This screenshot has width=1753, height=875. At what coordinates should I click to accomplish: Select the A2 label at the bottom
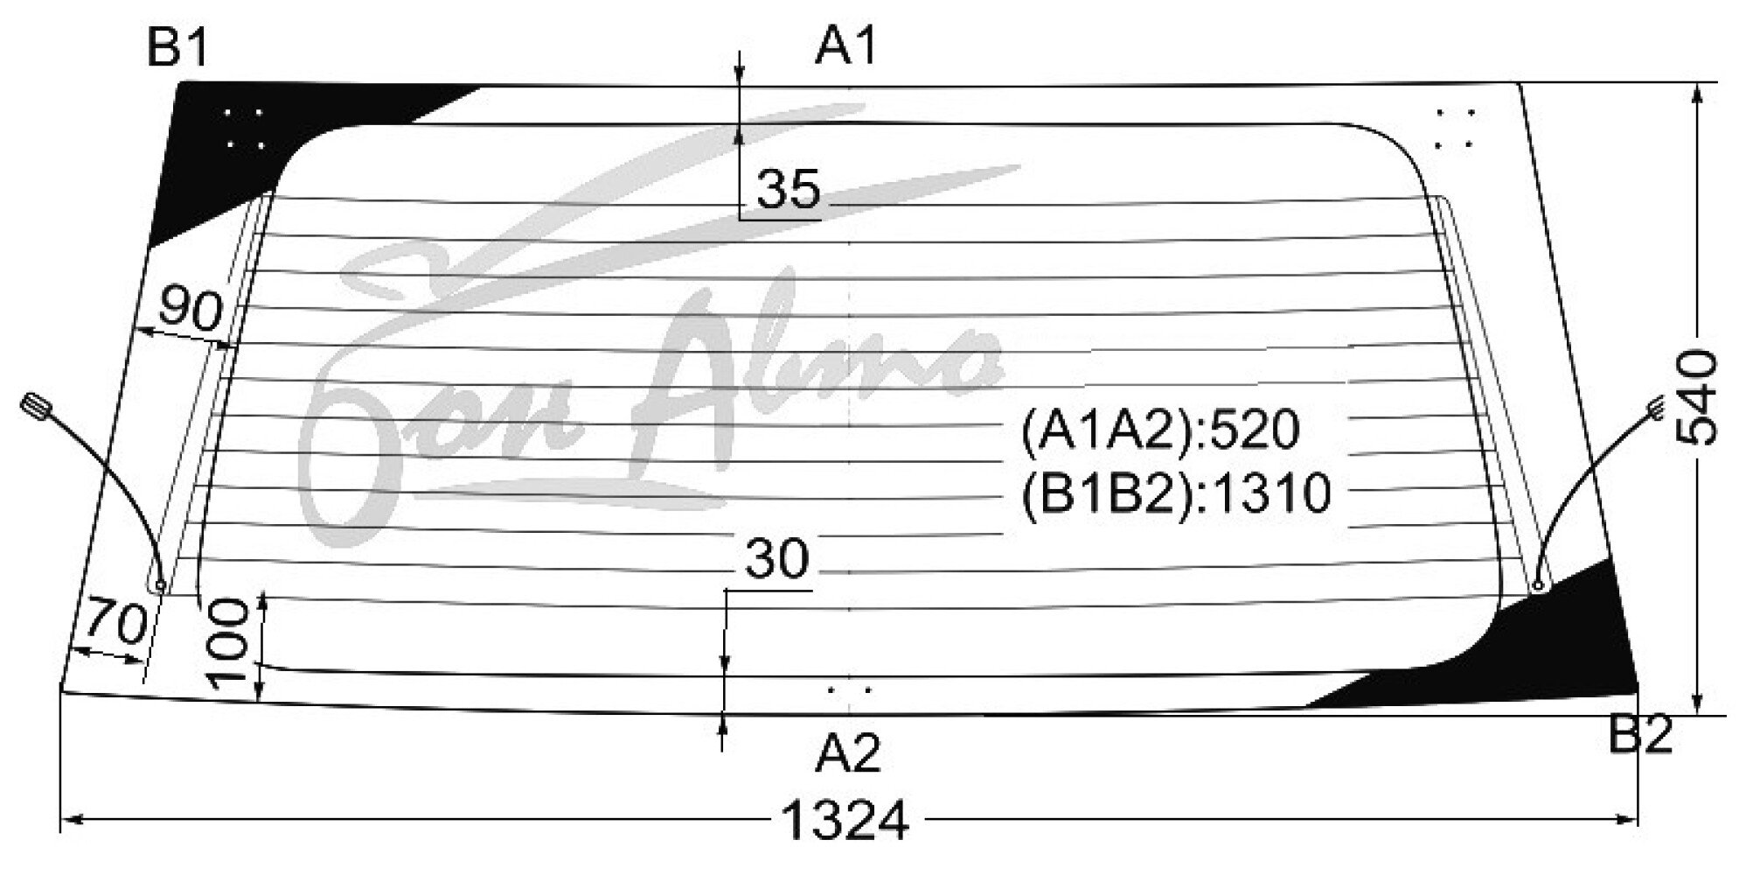click(847, 752)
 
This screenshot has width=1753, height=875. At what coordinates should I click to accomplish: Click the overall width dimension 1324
click(845, 821)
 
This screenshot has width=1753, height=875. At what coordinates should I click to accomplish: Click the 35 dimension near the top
click(790, 190)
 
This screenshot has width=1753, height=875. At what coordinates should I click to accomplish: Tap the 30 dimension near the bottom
click(777, 559)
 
